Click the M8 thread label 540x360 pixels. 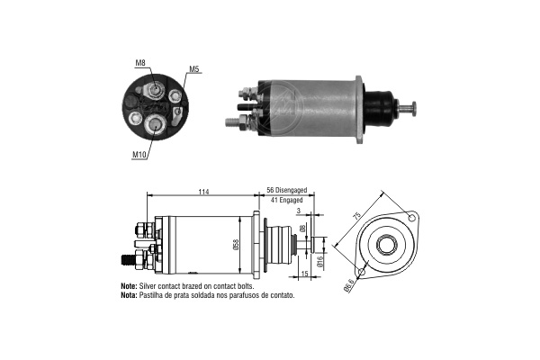(x=140, y=63)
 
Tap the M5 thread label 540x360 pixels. (x=194, y=69)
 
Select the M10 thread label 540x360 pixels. (x=139, y=155)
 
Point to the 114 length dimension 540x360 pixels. (x=204, y=191)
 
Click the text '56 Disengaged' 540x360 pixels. (x=286, y=190)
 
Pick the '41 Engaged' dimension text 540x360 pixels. (x=286, y=200)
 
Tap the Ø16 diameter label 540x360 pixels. (x=319, y=262)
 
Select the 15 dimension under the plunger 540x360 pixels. (x=304, y=274)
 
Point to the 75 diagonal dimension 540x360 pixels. (x=357, y=216)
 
